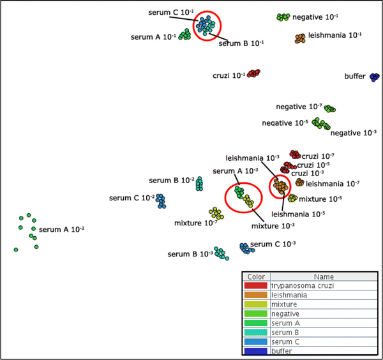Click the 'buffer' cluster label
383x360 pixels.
click(x=355, y=77)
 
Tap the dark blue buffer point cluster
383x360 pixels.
click(x=374, y=77)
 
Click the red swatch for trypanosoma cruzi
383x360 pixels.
click(x=255, y=286)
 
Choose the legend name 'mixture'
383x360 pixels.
click(x=284, y=304)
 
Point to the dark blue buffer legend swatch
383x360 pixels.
click(x=255, y=350)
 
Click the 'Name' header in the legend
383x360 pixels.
click(x=323, y=277)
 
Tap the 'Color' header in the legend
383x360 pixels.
click(x=256, y=277)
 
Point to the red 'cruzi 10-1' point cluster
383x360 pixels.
click(x=253, y=73)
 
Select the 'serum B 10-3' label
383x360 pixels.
click(x=190, y=254)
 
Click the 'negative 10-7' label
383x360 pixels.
click(x=299, y=107)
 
